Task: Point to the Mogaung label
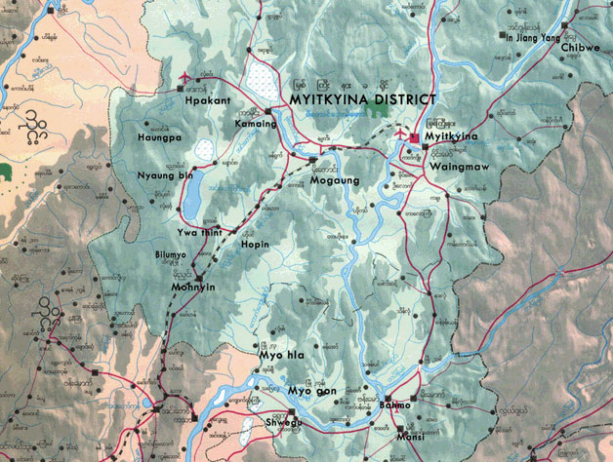329,180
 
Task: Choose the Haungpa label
159,138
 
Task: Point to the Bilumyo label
170,254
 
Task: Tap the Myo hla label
281,356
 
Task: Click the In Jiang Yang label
535,36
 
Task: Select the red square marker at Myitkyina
414,138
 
